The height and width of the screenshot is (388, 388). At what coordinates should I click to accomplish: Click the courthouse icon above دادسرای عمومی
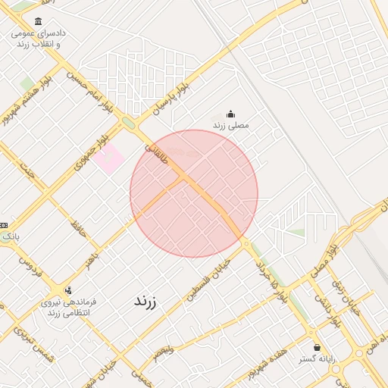tap(38, 21)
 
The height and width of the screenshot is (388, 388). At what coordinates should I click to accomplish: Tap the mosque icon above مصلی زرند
tap(231, 114)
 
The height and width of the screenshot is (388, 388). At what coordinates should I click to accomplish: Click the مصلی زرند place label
tap(230, 125)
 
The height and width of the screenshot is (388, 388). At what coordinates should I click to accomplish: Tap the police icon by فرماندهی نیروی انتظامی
tap(69, 289)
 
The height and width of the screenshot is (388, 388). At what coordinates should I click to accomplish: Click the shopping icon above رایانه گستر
tap(317, 347)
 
